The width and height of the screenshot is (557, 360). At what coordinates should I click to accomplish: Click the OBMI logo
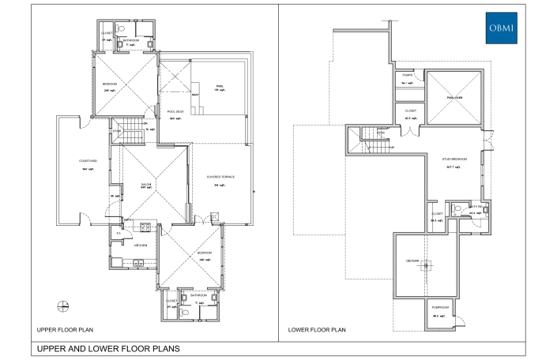(x=500, y=28)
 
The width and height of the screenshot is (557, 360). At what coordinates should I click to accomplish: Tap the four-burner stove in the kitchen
(x=145, y=228)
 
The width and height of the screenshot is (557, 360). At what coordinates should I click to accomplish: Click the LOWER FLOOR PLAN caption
(x=316, y=330)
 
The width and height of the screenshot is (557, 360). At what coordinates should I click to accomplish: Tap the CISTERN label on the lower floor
(x=412, y=261)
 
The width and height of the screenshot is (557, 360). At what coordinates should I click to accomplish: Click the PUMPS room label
(x=408, y=76)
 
